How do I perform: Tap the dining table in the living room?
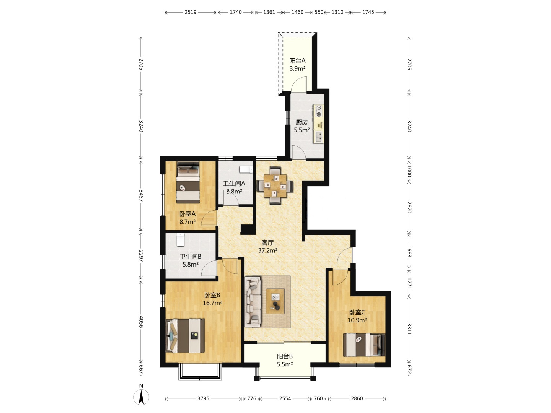coord(275,186)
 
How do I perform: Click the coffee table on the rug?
coord(275,301)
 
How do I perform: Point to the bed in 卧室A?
coord(188,182)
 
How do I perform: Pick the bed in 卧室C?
coord(364,345)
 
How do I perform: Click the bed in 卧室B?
coord(185,335)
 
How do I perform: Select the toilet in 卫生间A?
coord(246,169)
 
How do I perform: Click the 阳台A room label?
coord(297,61)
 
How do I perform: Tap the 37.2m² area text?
coord(268,250)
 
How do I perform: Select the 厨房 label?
coord(302,122)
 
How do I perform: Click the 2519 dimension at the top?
coord(191,12)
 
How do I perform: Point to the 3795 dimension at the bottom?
coord(203,398)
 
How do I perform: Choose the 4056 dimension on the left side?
coord(141,322)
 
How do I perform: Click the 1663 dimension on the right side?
coord(409,251)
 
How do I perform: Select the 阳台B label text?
coord(285,356)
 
